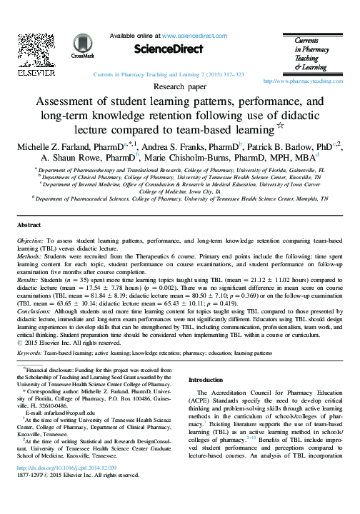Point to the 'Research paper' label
pyautogui.click(x=179, y=87)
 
